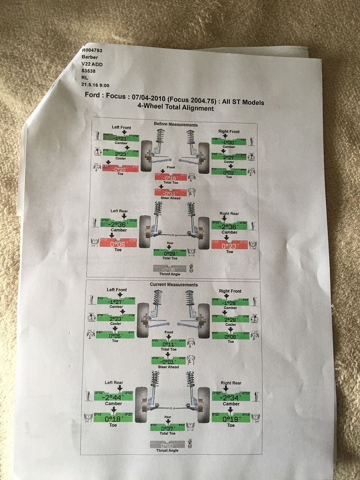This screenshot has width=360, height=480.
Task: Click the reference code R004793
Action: pyautogui.click(x=92, y=51)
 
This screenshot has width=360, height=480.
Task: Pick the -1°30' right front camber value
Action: pyautogui.click(x=228, y=141)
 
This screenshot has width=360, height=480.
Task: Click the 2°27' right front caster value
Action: pyautogui.click(x=228, y=157)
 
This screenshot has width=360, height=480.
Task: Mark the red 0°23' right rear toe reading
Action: pyautogui.click(x=229, y=245)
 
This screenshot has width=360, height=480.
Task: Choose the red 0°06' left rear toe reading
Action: pyautogui.click(x=116, y=244)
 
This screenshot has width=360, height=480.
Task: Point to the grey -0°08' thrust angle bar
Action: pyautogui.click(x=170, y=269)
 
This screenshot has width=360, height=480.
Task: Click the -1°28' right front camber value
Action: pyautogui.click(x=230, y=302)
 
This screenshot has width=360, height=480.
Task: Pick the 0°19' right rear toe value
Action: pyautogui.click(x=230, y=418)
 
